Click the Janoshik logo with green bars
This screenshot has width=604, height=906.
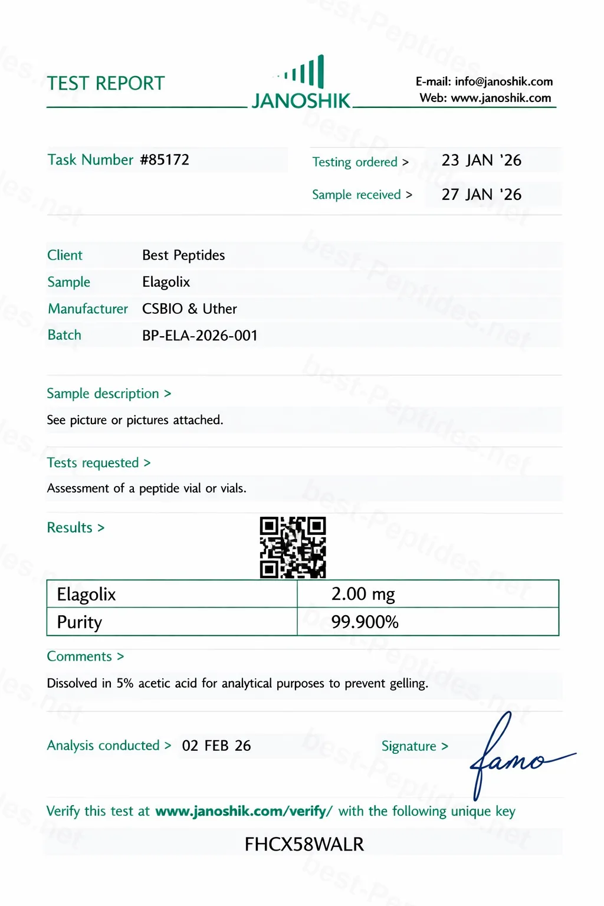(x=301, y=83)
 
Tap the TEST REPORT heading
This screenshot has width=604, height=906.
(x=106, y=84)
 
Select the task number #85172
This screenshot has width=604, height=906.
(x=165, y=160)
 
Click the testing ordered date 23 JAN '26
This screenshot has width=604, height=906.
(x=481, y=160)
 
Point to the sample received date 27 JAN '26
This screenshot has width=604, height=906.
(x=481, y=195)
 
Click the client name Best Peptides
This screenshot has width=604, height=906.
(x=183, y=255)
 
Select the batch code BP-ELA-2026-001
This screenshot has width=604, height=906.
(x=200, y=336)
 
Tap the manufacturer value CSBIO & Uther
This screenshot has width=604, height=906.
(x=189, y=309)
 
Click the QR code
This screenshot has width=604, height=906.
(x=293, y=547)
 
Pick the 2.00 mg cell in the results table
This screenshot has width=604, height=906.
(x=363, y=594)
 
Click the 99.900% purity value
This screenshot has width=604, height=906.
(x=365, y=622)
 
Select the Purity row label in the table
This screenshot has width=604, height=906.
(x=80, y=622)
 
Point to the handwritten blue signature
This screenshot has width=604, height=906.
(x=513, y=755)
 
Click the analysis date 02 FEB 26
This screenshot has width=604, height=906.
(x=216, y=746)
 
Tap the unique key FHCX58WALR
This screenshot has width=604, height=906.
(x=304, y=845)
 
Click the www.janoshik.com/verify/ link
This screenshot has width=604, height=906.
(x=244, y=812)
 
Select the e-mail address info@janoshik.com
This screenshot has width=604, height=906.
(x=504, y=81)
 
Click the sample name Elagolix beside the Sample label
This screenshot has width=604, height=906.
(x=166, y=282)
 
